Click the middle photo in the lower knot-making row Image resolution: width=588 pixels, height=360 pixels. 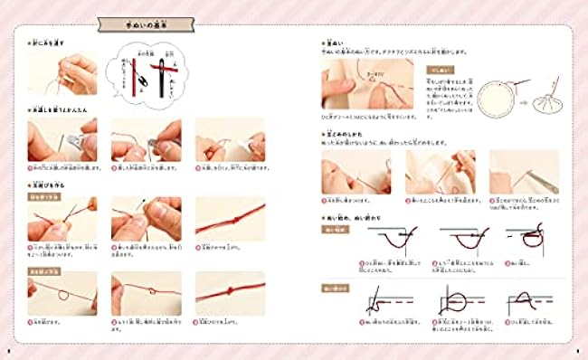point(146,292)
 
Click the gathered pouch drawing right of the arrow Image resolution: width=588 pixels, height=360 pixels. point(545,94)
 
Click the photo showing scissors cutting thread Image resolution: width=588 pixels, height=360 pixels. point(524,171)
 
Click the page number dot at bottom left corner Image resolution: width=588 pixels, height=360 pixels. point(8,350)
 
